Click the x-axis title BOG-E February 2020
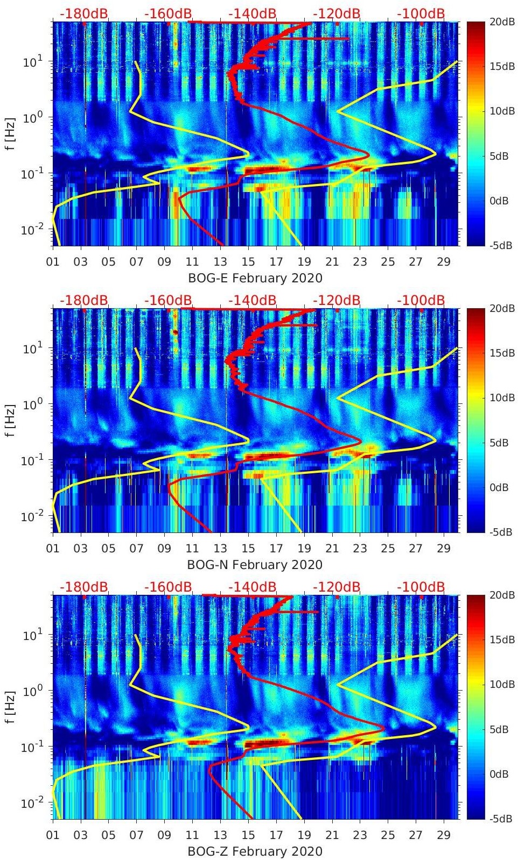(x=255, y=278)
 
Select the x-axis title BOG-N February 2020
(x=255, y=565)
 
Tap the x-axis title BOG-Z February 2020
(x=255, y=851)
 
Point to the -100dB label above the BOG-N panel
(x=421, y=300)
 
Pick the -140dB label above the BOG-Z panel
(x=252, y=587)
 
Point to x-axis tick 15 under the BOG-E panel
(x=248, y=262)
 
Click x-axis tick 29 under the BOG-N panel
(x=444, y=549)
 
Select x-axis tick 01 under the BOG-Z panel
(x=53, y=835)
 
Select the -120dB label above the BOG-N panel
(x=337, y=300)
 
